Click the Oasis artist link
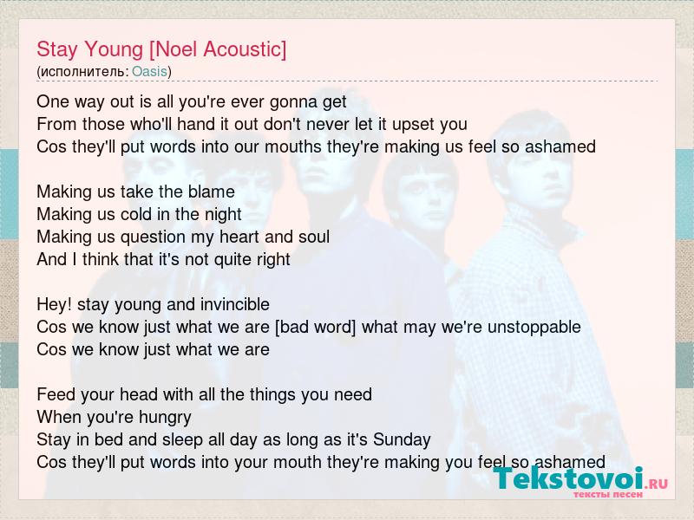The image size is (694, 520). tap(149, 72)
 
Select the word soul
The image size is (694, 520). tap(314, 237)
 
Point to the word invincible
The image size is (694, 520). tap(234, 304)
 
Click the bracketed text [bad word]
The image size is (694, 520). tap(315, 328)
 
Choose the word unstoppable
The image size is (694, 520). tap(534, 328)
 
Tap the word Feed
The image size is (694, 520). tap(53, 394)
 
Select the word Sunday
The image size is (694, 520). tap(402, 440)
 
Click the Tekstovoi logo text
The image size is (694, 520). tap(568, 478)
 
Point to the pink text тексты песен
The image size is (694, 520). tap(608, 494)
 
